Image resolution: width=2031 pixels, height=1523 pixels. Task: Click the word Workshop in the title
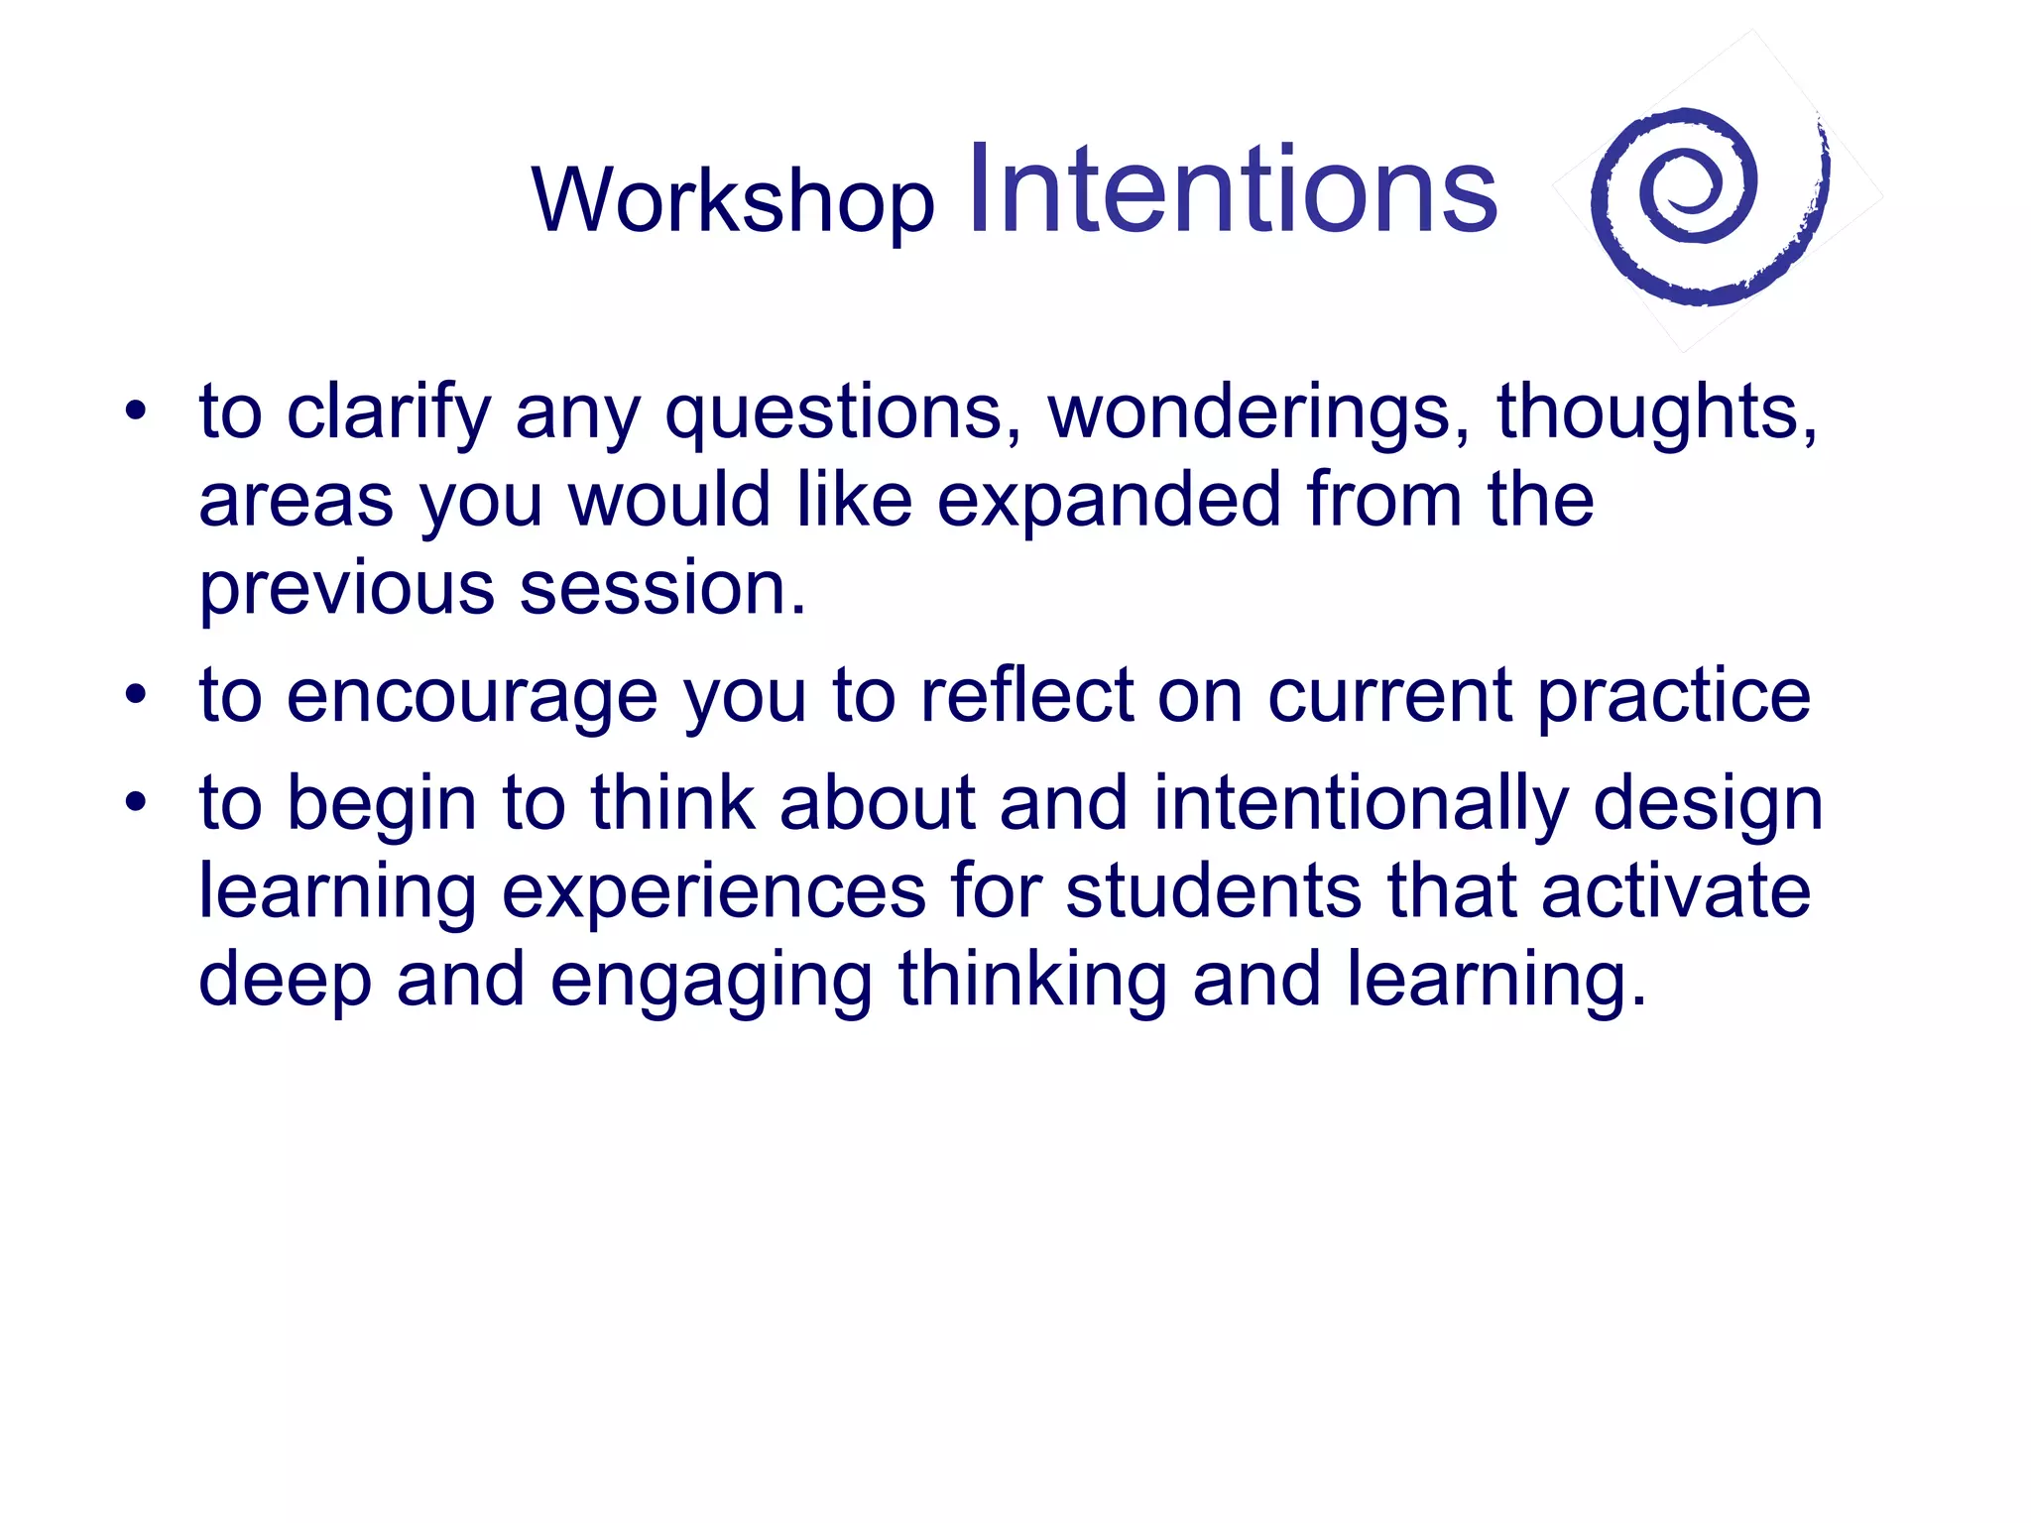733,201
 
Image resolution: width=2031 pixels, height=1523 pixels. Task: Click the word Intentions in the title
1232,190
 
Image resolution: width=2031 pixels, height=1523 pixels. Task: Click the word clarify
388,412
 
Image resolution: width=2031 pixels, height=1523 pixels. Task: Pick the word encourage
471,697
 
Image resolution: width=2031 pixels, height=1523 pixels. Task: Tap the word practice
1674,697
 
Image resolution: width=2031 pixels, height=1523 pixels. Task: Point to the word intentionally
1360,803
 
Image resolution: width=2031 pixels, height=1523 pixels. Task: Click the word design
1708,803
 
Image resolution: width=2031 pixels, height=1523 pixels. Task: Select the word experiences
714,891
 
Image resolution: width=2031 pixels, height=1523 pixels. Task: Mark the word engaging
711,981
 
